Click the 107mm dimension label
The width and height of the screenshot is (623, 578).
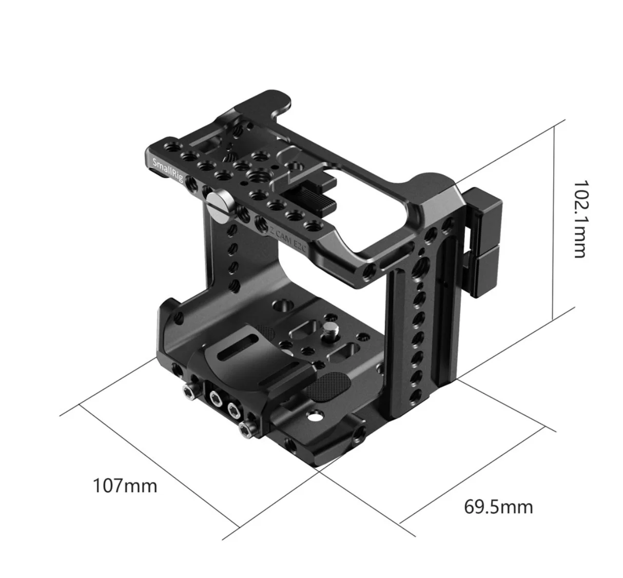click(x=125, y=487)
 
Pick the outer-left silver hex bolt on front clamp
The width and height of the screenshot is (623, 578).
click(x=189, y=392)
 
